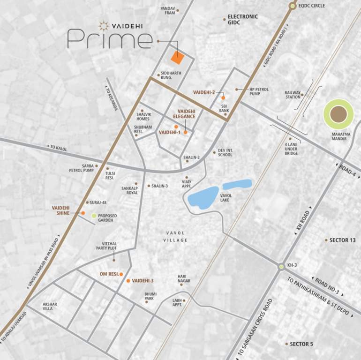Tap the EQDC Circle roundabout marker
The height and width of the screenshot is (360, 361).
point(293,6)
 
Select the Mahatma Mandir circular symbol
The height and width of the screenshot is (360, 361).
point(338,114)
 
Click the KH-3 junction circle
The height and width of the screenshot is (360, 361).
point(281,267)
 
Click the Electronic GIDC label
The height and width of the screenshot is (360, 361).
point(242,20)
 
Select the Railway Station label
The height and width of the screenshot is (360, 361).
point(293,95)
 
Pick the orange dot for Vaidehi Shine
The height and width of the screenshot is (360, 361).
point(83,213)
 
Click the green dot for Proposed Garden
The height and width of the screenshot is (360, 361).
point(94,216)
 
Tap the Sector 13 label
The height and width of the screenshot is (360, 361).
point(342,240)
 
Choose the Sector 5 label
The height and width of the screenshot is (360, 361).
point(300,344)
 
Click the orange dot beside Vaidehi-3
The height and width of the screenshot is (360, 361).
point(128,281)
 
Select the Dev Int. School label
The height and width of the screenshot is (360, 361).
point(225,153)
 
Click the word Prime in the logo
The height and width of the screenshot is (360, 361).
point(110,38)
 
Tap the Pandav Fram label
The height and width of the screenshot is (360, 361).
point(167,11)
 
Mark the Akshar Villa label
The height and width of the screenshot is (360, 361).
point(50,307)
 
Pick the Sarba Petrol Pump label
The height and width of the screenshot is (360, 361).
point(82,168)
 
